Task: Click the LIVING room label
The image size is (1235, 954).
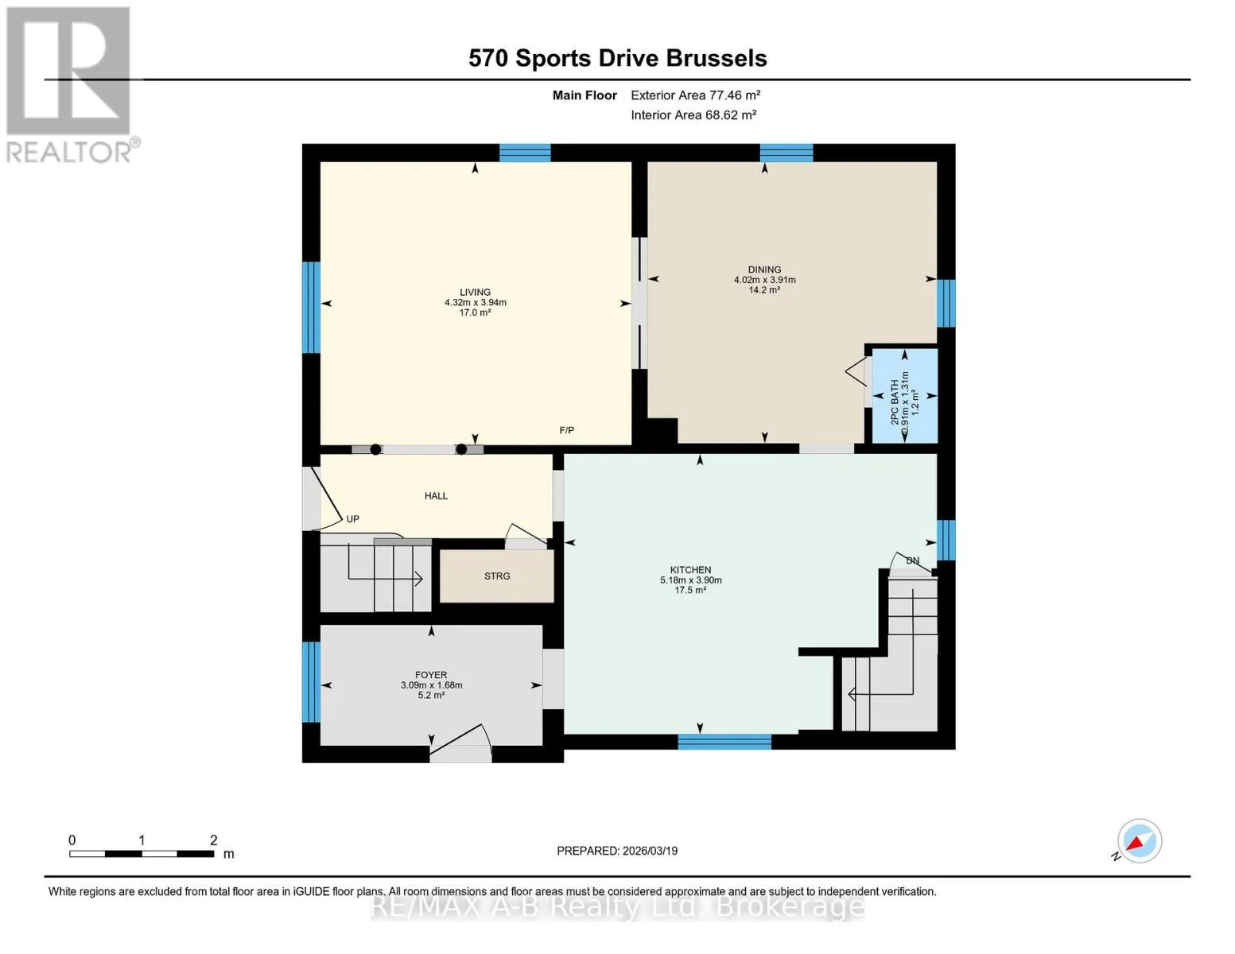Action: pyautogui.click(x=475, y=292)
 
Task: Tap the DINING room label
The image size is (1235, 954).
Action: pyautogui.click(x=764, y=270)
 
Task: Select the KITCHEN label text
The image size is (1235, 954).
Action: pyautogui.click(x=690, y=570)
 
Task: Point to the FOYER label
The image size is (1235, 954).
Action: pyautogui.click(x=431, y=675)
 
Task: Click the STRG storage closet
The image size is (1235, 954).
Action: pyautogui.click(x=497, y=576)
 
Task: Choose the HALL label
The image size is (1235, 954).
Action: pyautogui.click(x=436, y=496)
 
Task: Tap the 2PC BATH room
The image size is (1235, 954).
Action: pyautogui.click(x=905, y=395)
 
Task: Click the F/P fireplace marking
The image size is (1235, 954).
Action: pyautogui.click(x=567, y=430)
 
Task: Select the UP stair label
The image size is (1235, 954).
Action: pyautogui.click(x=352, y=519)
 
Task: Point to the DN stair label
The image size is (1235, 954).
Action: pyautogui.click(x=912, y=560)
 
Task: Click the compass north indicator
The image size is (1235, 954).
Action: pyautogui.click(x=1139, y=841)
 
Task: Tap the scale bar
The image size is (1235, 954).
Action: pyautogui.click(x=142, y=853)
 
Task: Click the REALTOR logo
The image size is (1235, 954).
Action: pyautogui.click(x=71, y=85)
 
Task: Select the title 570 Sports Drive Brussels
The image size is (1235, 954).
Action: pyautogui.click(x=617, y=58)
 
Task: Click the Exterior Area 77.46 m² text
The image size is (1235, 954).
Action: pyautogui.click(x=695, y=95)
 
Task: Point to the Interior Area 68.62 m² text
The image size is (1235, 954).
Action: pyautogui.click(x=693, y=114)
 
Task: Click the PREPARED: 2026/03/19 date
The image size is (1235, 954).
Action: pyautogui.click(x=617, y=851)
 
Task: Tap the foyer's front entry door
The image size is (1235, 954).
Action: pyautogui.click(x=460, y=743)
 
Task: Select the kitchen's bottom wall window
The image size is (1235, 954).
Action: pyautogui.click(x=724, y=742)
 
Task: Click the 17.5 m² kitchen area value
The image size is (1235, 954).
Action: pyautogui.click(x=690, y=591)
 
